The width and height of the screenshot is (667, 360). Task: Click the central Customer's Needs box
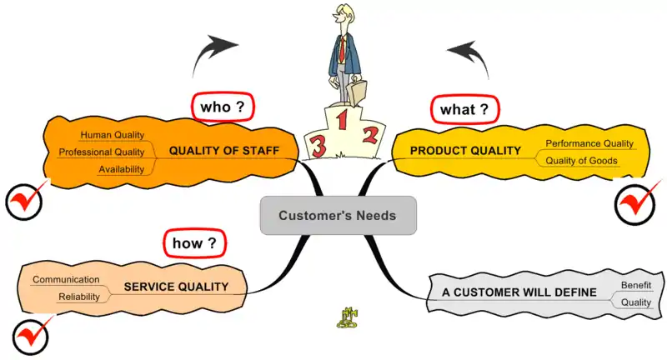tap(338, 216)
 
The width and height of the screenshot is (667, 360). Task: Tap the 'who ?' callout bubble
tap(223, 106)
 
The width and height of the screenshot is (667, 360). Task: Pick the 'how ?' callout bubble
tap(194, 243)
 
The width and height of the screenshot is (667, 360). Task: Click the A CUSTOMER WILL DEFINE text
tap(519, 292)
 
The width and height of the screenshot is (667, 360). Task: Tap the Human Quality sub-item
tap(113, 135)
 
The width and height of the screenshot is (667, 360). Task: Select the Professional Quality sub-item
tap(102, 152)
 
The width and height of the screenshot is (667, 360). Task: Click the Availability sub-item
tap(121, 169)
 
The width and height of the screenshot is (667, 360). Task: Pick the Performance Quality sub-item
tap(589, 143)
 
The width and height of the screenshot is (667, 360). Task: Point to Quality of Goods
tap(581, 161)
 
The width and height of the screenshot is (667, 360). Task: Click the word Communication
tap(66, 280)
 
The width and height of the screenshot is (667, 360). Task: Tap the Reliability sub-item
tap(79, 297)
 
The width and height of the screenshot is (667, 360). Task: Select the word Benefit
tap(636, 285)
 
